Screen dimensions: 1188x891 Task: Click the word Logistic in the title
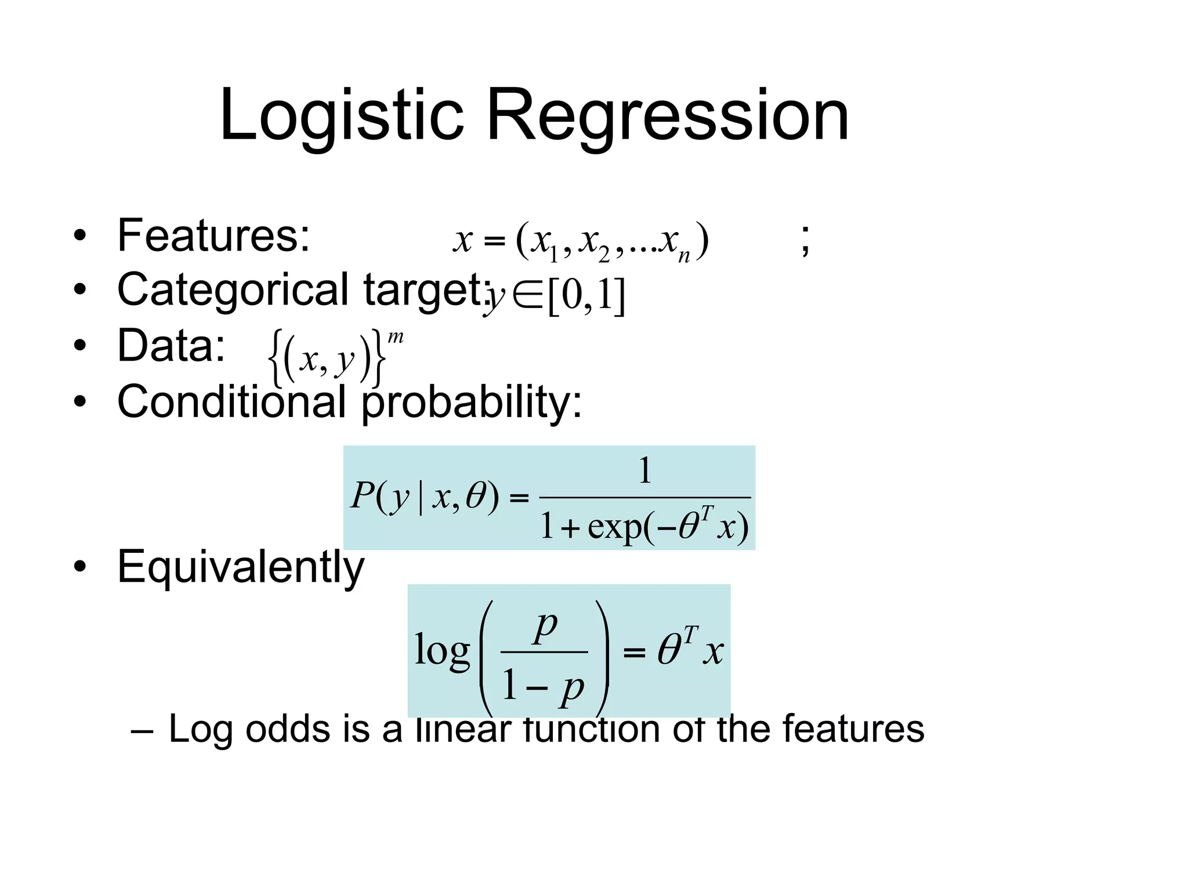pyautogui.click(x=341, y=116)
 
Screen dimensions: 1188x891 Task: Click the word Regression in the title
pyautogui.click(x=667, y=116)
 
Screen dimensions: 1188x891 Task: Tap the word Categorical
pyautogui.click(x=233, y=290)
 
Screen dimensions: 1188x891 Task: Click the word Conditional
pyautogui.click(x=231, y=401)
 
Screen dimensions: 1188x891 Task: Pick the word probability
pyautogui.click(x=470, y=401)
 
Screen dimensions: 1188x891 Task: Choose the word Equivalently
pyautogui.click(x=240, y=567)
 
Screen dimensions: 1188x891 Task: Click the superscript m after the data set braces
pyautogui.click(x=396, y=337)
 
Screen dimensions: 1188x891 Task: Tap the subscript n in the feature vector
pyautogui.click(x=684, y=256)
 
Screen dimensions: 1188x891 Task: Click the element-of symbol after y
pyautogui.click(x=527, y=296)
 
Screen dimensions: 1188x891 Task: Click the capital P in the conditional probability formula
pyautogui.click(x=363, y=497)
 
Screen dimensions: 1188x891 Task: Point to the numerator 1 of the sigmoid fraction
pyautogui.click(x=644, y=470)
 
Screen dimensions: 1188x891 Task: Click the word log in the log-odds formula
pyautogui.click(x=442, y=651)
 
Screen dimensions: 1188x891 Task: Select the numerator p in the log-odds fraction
pyautogui.click(x=545, y=626)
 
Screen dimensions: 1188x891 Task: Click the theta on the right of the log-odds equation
pyautogui.click(x=670, y=651)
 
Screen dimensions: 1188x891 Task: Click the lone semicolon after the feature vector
pyautogui.click(x=805, y=240)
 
